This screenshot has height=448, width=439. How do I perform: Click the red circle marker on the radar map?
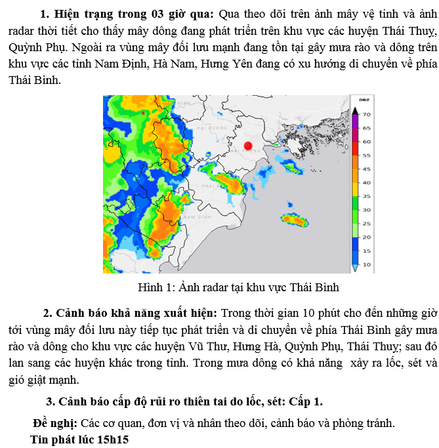pyautogui.click(x=248, y=146)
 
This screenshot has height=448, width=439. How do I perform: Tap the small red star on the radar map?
pyautogui.click(x=143, y=113)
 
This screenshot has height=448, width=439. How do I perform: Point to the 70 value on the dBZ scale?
pyautogui.click(x=367, y=114)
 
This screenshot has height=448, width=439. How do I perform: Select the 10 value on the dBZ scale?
pyautogui.click(x=367, y=264)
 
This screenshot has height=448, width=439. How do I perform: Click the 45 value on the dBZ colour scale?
pyautogui.click(x=367, y=169)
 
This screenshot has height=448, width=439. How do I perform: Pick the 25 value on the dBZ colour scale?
pyautogui.click(x=367, y=224)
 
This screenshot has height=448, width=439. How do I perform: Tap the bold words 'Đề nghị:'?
pyautogui.click(x=55, y=423)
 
